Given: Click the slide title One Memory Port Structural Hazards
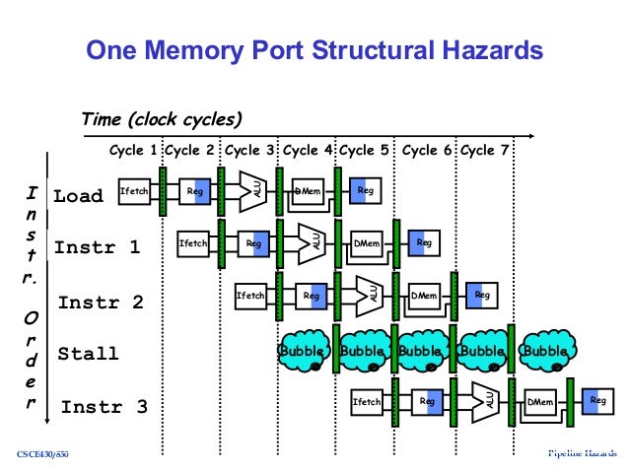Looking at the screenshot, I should click(314, 48).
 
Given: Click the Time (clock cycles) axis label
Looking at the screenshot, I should click(162, 120).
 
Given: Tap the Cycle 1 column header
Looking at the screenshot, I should click(134, 151).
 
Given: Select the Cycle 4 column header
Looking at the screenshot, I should click(308, 151).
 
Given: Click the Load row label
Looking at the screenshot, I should click(79, 196).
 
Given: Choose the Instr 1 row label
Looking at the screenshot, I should click(97, 247).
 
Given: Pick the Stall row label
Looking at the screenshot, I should click(88, 354).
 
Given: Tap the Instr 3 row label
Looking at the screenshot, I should click(104, 406).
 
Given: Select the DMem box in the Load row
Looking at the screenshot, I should click(309, 191).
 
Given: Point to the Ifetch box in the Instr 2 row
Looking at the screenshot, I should click(250, 295).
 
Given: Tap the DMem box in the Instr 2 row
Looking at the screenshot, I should click(425, 294).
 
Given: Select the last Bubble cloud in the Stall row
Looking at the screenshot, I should click(545, 351).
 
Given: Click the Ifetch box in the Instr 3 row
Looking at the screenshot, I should click(367, 401).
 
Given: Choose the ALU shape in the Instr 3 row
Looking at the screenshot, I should click(486, 399).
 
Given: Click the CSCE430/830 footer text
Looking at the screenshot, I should click(43, 454).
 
